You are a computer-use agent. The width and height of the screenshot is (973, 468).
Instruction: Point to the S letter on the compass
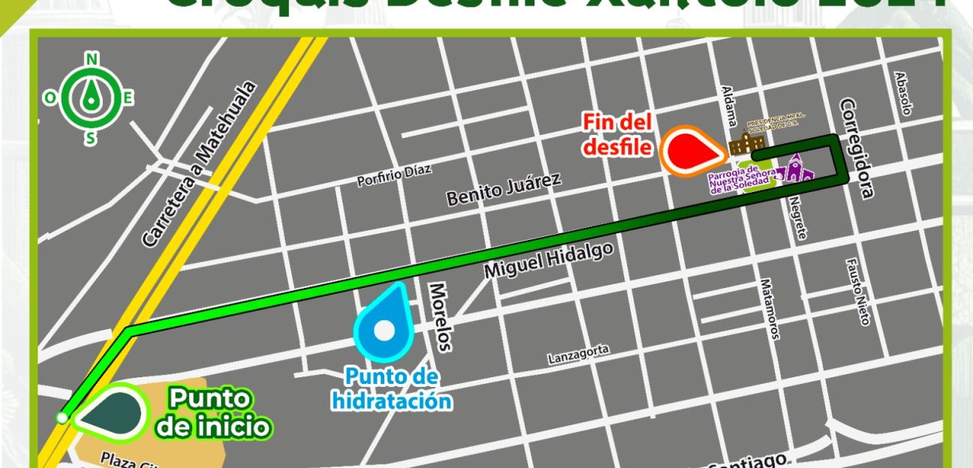click(91, 138)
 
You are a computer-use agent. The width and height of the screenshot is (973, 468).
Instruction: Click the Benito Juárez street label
click(493, 189)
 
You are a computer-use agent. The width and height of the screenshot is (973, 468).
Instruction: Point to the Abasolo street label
click(904, 94)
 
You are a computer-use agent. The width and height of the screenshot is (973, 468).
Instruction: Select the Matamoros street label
click(770, 308)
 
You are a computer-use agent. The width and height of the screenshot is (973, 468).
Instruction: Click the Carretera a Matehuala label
click(199, 163)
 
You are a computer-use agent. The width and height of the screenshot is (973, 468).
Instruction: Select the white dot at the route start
click(62, 418)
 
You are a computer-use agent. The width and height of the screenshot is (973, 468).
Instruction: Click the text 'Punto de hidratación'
click(393, 390)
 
